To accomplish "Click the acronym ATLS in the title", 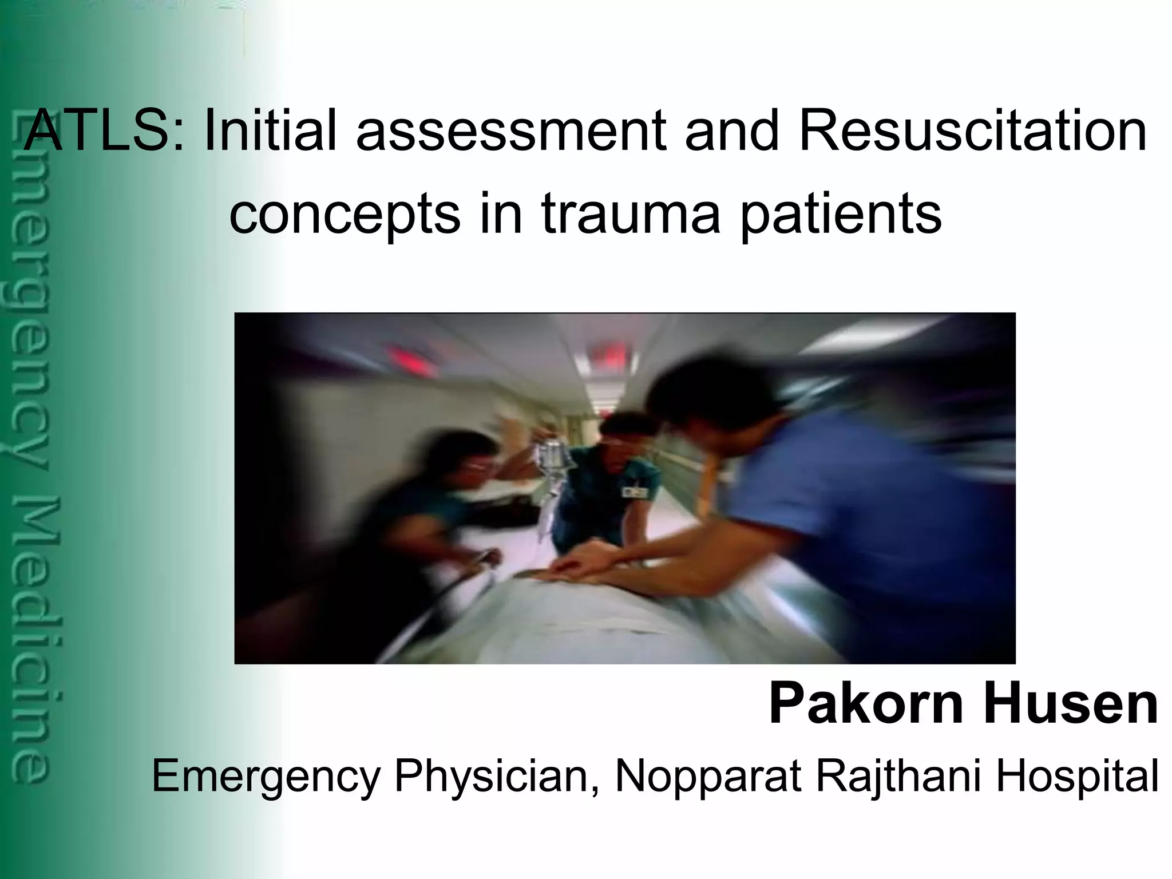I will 103,131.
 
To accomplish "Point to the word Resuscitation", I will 973,131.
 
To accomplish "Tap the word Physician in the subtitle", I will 492,777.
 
